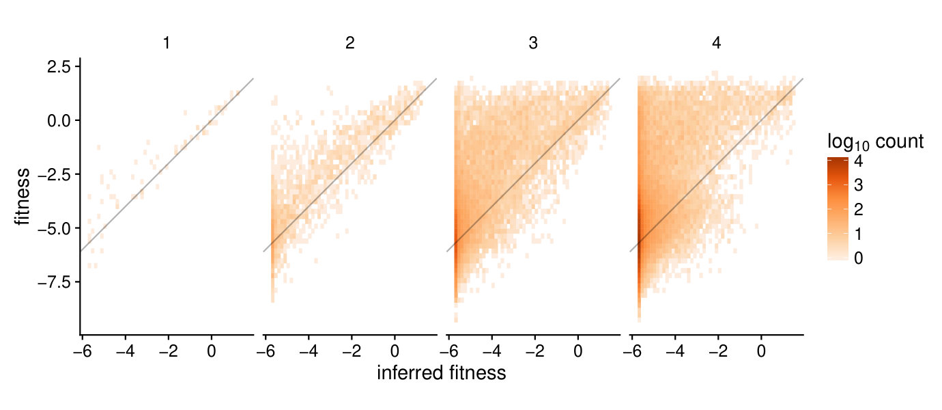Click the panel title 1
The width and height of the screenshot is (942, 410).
167,43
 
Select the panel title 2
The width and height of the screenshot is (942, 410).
350,43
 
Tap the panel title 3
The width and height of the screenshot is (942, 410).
533,43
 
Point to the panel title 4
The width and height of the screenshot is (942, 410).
717,43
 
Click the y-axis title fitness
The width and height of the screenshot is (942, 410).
22,197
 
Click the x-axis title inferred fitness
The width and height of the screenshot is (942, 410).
441,373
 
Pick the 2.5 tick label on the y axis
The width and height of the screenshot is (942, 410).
59,66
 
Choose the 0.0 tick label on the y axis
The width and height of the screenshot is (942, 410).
59,121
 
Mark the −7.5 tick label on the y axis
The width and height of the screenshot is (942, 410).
55,282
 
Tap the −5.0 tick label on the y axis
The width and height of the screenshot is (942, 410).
55,228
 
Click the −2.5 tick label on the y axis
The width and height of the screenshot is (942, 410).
55,175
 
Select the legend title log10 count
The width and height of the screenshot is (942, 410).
875,142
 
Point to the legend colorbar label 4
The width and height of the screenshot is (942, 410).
858,161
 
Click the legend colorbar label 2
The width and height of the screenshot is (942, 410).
858,210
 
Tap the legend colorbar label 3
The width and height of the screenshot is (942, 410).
858,185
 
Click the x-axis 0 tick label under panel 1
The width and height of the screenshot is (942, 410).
211,351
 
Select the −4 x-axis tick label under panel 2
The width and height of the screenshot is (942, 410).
309,351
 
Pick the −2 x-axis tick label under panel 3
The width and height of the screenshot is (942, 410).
534,351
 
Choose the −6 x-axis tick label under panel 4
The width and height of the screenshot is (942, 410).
632,351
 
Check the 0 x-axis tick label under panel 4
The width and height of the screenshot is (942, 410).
761,351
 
